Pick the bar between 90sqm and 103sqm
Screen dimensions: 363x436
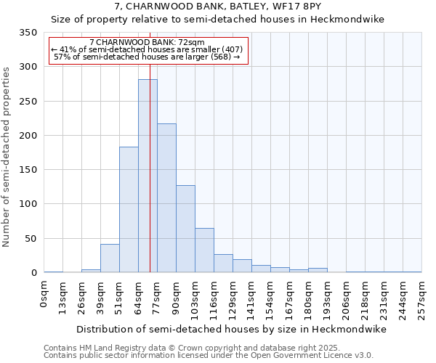coord(185,229)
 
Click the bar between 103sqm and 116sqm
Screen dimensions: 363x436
coord(204,250)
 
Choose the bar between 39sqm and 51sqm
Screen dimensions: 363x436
coord(110,258)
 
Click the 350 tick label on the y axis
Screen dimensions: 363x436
coord(28,33)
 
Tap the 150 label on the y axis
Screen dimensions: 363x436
coord(28,170)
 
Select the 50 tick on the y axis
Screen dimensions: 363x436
coord(31,239)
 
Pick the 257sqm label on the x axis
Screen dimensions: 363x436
coord(421,300)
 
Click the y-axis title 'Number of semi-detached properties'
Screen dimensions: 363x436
coord(7,156)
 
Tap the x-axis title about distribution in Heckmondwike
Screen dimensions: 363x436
coord(231,329)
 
